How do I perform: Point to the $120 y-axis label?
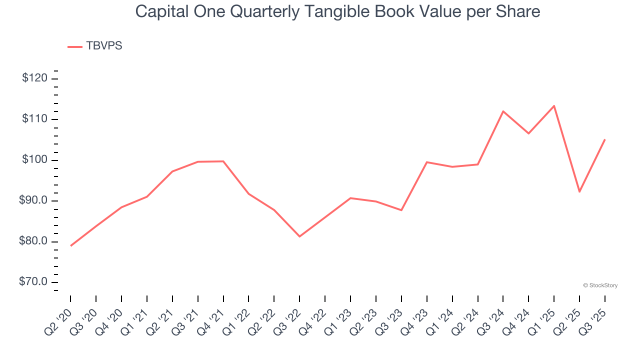click(35, 78)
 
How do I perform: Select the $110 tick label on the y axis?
click(35, 119)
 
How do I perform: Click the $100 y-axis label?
click(35, 160)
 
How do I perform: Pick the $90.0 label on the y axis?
click(33, 200)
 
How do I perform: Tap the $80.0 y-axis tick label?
click(33, 241)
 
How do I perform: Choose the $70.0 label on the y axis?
click(33, 282)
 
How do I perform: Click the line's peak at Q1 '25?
click(554, 106)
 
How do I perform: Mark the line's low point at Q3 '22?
click(299, 236)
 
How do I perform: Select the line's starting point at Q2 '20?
click(70, 245)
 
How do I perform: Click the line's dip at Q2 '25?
click(579, 191)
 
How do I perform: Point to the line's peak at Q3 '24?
click(503, 111)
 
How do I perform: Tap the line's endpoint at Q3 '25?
click(604, 139)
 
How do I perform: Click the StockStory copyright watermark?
click(600, 285)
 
